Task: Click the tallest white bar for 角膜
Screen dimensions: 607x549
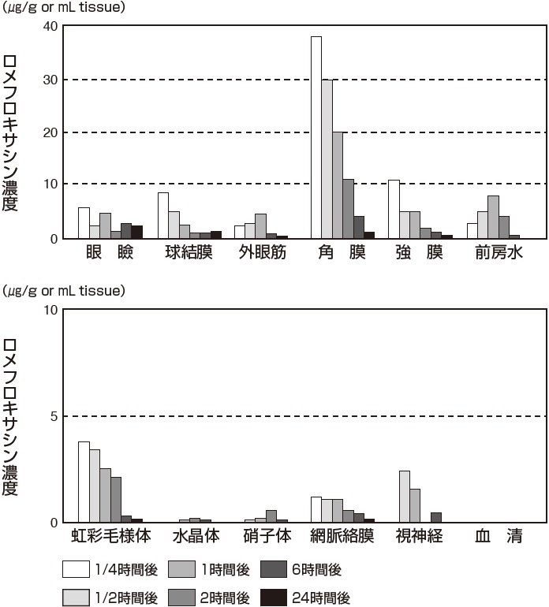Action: click(x=316, y=137)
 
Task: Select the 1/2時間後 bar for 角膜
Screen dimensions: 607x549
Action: click(x=327, y=158)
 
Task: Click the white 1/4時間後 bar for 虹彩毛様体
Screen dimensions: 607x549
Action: click(x=84, y=482)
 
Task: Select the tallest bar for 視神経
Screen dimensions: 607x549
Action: click(x=404, y=496)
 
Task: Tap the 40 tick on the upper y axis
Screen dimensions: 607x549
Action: click(x=49, y=26)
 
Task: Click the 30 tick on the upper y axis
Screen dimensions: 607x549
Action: click(x=49, y=80)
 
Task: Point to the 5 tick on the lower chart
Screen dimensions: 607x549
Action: click(x=52, y=415)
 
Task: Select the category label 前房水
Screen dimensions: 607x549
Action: click(x=493, y=253)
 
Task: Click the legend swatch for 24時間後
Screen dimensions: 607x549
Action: click(x=272, y=598)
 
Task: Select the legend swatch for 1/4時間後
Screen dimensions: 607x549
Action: click(x=75, y=570)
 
